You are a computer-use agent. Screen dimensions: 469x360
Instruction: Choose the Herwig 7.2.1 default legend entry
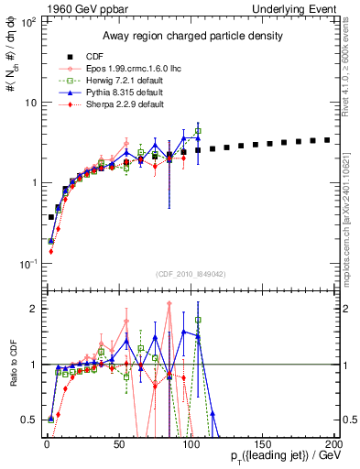tap(114, 81)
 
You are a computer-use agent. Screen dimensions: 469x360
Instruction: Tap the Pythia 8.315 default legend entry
tap(113, 93)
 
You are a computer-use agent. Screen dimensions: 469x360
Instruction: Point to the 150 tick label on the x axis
tap(262, 443)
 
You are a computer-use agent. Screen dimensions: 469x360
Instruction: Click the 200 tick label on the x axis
tap(333, 443)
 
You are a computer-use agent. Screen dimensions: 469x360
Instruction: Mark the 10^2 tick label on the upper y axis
tap(29, 21)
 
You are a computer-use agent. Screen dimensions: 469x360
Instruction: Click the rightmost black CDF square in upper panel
tap(327, 140)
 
